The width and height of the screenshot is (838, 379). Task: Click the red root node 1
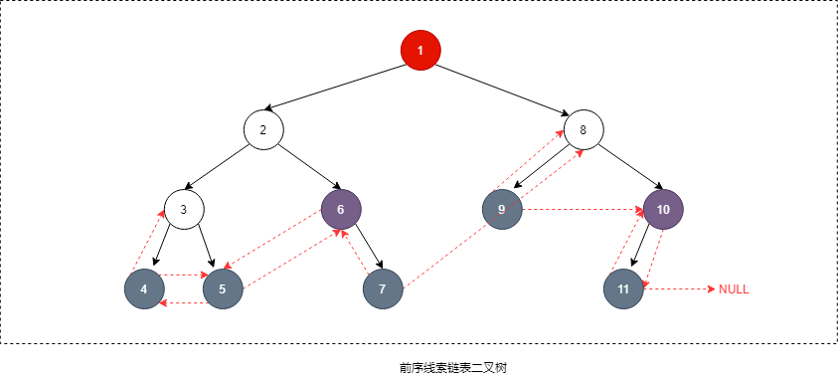pos(420,50)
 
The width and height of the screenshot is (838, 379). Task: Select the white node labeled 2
pos(263,129)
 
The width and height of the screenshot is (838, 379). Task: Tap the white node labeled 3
pos(184,209)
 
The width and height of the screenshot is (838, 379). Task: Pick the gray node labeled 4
pos(144,288)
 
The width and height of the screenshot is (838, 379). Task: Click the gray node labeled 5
pos(223,288)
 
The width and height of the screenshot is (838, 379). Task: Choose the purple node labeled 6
pos(341,209)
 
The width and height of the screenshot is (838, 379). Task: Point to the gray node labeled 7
pos(383,288)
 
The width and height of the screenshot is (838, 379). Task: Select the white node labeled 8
pos(584,129)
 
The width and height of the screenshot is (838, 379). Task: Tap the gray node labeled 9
pos(502,209)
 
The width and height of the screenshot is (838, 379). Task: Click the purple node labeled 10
pos(663,209)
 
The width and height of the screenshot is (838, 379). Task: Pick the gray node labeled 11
pos(623,288)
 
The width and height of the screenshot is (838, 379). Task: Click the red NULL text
pos(734,289)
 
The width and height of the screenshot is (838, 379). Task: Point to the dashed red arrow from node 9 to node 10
pos(583,210)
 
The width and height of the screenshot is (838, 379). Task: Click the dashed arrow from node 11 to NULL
pos(680,289)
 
